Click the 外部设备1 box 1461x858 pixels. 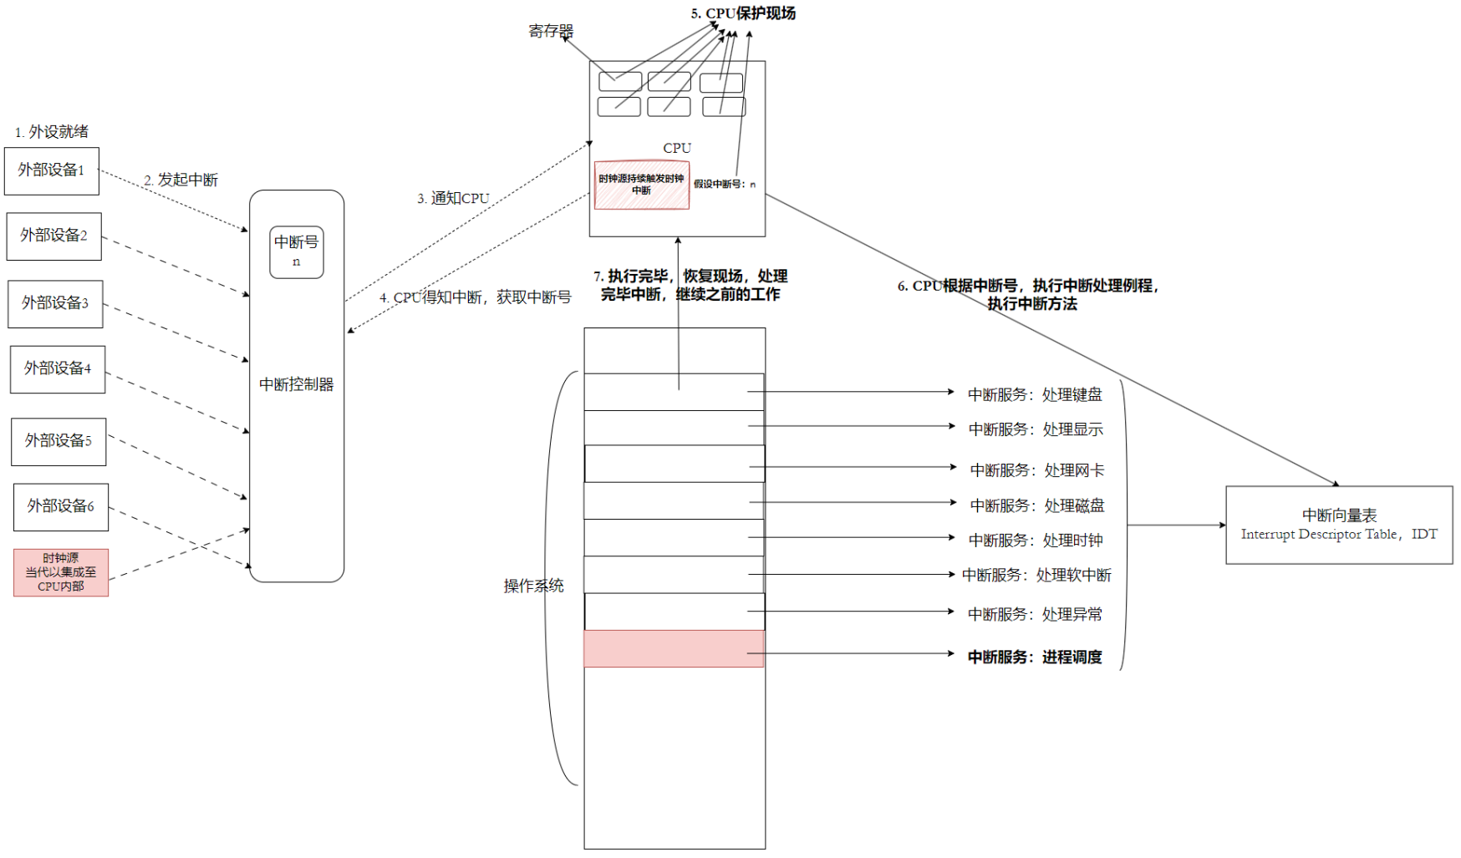click(52, 170)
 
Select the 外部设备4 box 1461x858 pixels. click(58, 368)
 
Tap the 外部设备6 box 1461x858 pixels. click(61, 506)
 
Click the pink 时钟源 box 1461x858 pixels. click(61, 572)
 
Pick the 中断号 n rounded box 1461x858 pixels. click(296, 251)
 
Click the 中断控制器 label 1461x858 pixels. click(296, 384)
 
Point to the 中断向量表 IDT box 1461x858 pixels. click(1338, 525)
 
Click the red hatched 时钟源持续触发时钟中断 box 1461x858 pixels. click(641, 185)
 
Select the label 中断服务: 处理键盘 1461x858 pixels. click(1035, 394)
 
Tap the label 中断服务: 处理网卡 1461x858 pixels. click(1036, 470)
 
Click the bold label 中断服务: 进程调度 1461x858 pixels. click(1035, 657)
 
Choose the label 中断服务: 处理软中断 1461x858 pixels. click(1036, 575)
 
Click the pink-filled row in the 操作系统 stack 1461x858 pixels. click(674, 648)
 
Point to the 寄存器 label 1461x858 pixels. click(551, 31)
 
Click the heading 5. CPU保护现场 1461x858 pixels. click(743, 13)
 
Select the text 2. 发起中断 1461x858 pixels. click(181, 180)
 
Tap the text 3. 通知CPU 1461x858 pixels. click(453, 198)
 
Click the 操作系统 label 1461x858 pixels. click(533, 586)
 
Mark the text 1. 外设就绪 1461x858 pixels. click(52, 132)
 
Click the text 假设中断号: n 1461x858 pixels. click(724, 185)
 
